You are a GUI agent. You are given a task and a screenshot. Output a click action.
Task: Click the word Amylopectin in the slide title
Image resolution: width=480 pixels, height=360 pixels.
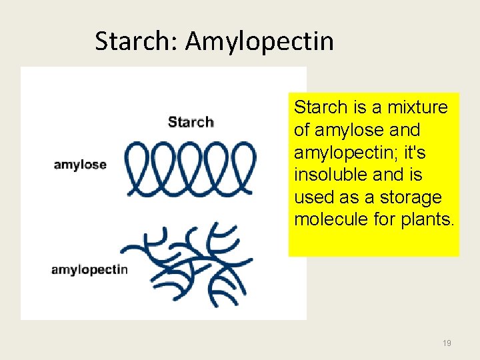point(259,42)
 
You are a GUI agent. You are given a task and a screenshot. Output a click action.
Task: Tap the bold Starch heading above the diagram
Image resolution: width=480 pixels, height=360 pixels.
point(191,122)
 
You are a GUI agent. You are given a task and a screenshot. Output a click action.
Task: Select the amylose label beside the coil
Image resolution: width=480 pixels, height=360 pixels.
point(80,165)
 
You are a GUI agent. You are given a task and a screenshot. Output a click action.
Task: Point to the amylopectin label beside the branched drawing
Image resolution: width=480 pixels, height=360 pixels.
point(89,270)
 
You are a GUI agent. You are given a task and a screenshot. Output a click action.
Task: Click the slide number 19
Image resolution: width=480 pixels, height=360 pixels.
point(447,343)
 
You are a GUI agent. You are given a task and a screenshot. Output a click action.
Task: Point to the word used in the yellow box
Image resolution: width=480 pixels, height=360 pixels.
point(312,198)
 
